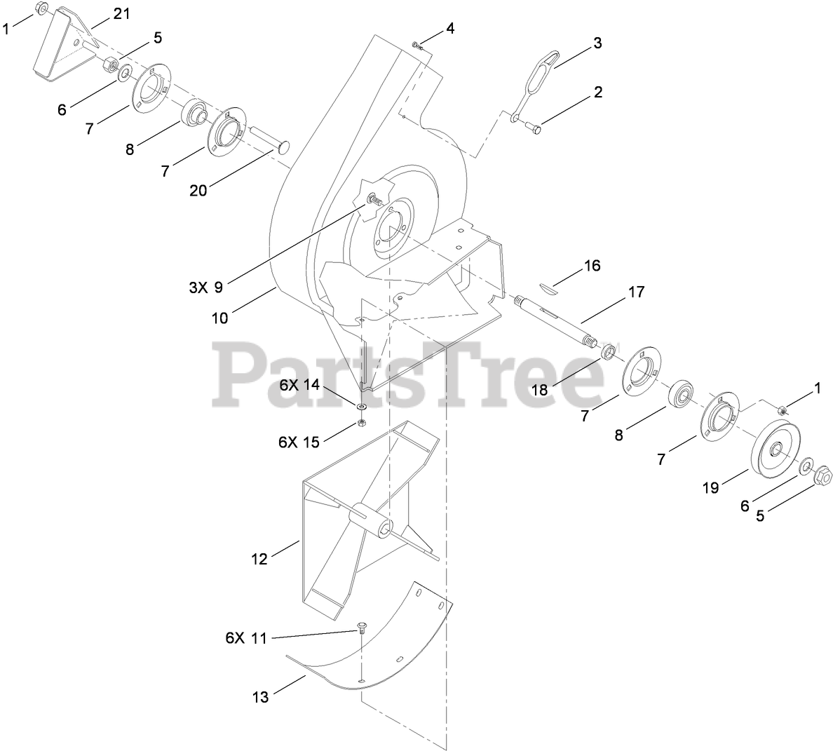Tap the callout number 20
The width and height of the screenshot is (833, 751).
199,190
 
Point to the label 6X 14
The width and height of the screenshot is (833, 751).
299,385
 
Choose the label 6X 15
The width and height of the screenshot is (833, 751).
299,442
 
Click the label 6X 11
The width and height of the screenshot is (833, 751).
246,639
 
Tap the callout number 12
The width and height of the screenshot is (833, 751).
259,559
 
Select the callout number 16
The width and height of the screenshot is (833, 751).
592,266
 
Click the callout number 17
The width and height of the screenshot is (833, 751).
635,292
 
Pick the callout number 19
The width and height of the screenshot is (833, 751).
710,488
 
